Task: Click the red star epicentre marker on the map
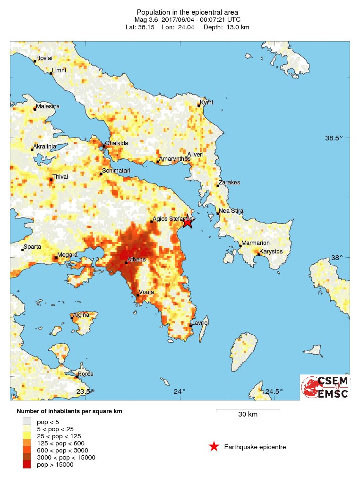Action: [x=188, y=222]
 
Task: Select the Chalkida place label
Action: [x=117, y=143]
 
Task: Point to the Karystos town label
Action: [x=271, y=252]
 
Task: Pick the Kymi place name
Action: [x=206, y=103]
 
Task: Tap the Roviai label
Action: [x=44, y=58]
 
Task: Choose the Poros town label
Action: [x=86, y=374]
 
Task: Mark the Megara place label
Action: [x=68, y=255]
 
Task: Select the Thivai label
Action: [x=60, y=177]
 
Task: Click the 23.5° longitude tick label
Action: [x=84, y=391]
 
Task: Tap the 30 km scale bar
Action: [x=248, y=411]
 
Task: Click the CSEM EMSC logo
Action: [x=325, y=387]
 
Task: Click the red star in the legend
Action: [x=214, y=446]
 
